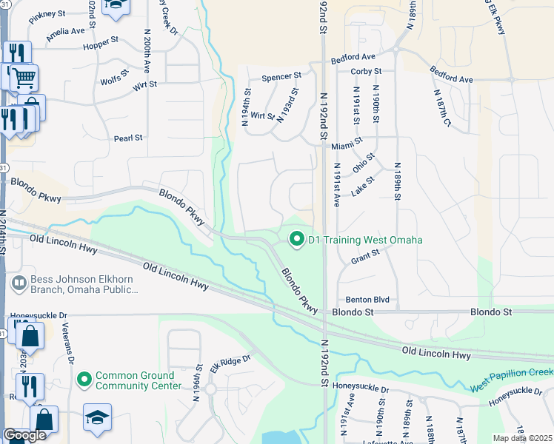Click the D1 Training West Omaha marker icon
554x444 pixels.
tap(297, 239)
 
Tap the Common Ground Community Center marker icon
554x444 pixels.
tap(84, 380)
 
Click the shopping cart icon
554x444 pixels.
tap(24, 76)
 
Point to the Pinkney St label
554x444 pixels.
tap(49, 14)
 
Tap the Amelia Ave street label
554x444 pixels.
tap(65, 33)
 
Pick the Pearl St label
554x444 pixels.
tap(128, 138)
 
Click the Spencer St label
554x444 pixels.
tap(282, 75)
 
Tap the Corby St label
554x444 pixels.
tap(367, 72)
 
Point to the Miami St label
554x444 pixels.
tap(347, 140)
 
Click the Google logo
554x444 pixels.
tap(24, 434)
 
